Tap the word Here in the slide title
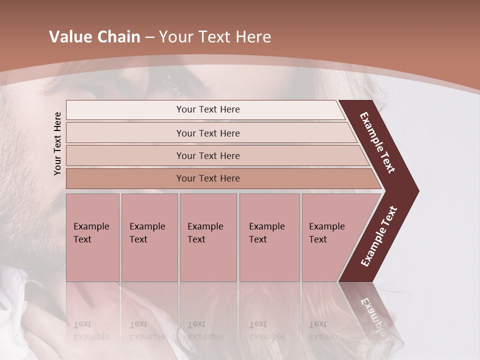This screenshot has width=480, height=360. coord(253,37)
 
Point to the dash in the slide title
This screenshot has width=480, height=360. coord(149,37)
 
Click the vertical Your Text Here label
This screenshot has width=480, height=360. coord(57,143)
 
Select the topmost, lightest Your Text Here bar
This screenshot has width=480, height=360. coord(207,109)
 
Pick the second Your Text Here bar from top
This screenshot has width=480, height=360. coord(207,133)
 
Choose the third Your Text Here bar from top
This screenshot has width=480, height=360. coord(207,155)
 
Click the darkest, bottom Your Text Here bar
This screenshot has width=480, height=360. coord(207,178)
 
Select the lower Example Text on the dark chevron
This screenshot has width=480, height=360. coord(379,236)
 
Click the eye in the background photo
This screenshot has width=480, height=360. coord(171,81)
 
